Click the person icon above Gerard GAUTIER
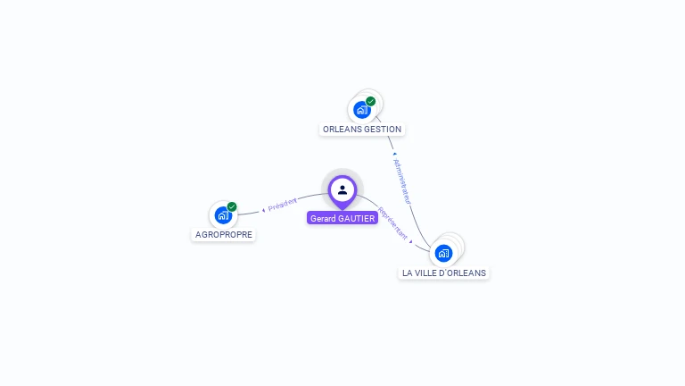tap(342, 189)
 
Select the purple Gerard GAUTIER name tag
tap(342, 218)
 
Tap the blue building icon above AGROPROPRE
tap(223, 214)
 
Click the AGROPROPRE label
tap(223, 235)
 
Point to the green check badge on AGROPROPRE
tap(232, 206)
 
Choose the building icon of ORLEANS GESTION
tap(361, 110)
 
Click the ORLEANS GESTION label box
tap(362, 129)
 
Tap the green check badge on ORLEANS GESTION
tap(371, 101)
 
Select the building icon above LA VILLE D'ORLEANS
tap(443, 253)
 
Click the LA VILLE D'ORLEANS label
tap(444, 273)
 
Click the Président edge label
tap(283, 205)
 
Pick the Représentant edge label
tap(393, 223)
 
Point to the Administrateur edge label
tap(401, 181)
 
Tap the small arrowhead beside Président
tap(264, 210)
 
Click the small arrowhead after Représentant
tap(411, 240)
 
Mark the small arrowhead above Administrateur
tap(394, 154)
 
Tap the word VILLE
tap(429, 273)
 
